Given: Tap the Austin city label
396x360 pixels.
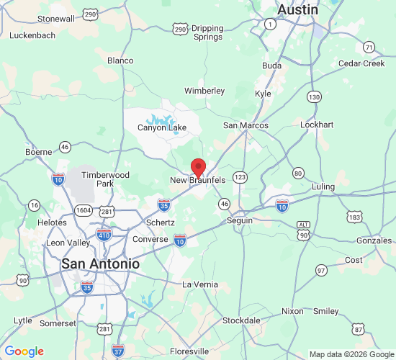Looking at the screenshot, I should (298, 9).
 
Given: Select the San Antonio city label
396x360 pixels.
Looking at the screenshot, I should (100, 264).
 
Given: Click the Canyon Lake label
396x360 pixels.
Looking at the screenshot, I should (162, 128).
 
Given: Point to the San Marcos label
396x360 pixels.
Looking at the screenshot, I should (246, 125).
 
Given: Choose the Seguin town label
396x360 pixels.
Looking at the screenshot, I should (240, 220).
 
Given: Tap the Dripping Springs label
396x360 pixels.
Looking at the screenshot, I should (208, 32).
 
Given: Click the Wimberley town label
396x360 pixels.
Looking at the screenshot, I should (204, 91).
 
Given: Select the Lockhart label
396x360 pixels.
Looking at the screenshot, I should (317, 125).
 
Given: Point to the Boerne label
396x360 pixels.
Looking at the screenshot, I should (39, 152).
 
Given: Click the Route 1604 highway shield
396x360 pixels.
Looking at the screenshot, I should (83, 211).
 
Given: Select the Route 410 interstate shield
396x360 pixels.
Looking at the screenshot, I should (104, 235).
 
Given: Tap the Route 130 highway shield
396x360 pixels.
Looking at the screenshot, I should (313, 96).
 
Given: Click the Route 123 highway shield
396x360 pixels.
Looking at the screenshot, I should (240, 176).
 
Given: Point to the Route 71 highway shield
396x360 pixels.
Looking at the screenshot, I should (369, 48).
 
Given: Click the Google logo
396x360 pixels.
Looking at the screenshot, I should (24, 351).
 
